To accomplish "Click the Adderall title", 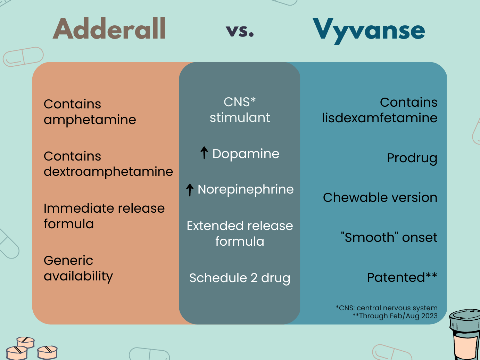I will point(109,29).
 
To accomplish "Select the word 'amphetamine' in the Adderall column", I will point(90,120).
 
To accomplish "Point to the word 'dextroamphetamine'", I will point(108,172).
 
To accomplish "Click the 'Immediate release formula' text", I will point(104,216).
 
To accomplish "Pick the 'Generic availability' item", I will point(78,268).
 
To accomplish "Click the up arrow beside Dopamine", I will point(204,153).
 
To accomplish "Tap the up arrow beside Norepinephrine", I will point(190,190).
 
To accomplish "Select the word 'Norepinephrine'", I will point(246,189).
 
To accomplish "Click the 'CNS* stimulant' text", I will point(240,110).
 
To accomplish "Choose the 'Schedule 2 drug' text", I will point(240,278).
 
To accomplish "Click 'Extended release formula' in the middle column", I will point(240,234).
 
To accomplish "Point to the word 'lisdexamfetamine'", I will point(379,118).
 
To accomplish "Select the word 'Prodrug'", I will point(412,158).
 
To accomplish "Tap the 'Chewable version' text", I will point(380,197).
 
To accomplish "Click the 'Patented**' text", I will point(402,277).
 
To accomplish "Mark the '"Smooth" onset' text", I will point(389,237).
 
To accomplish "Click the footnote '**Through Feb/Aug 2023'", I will point(395,316).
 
